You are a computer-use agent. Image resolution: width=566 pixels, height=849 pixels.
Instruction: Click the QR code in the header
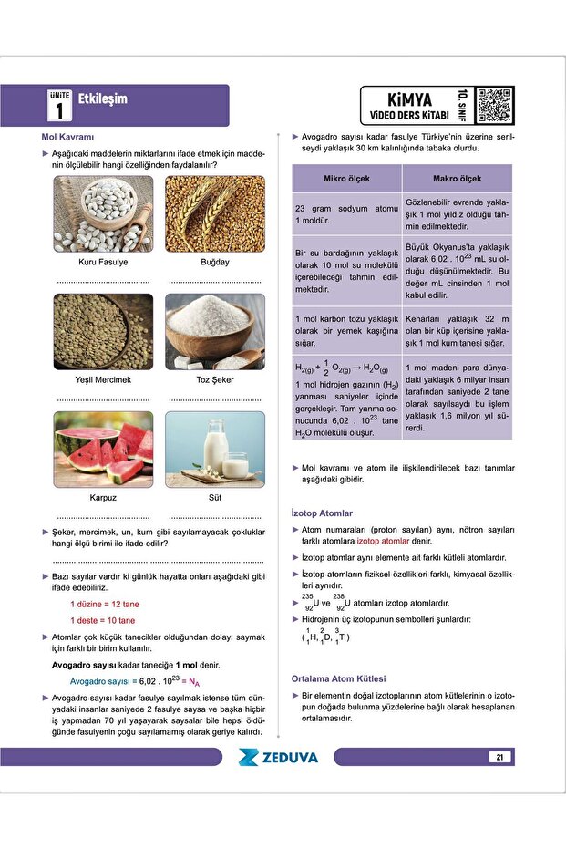494,105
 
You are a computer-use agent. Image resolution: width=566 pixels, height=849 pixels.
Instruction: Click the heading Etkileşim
103,98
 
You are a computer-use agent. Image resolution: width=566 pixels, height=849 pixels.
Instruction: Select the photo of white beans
102,213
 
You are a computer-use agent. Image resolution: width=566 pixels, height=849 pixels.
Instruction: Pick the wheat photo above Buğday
215,213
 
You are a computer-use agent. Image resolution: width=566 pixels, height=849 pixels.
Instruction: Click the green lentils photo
102,330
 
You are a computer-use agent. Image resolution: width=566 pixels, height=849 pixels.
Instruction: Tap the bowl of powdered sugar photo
215,330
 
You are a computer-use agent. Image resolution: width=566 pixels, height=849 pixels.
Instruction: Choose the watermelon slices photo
102,448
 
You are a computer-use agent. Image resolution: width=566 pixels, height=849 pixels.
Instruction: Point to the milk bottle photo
215,448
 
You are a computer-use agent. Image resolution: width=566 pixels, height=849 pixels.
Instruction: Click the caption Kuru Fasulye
103,263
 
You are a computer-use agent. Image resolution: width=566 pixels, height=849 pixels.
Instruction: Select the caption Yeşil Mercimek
103,379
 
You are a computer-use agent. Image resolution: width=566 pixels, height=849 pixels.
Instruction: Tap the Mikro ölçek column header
346,179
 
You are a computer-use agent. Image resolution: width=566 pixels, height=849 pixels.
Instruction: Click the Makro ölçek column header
457,179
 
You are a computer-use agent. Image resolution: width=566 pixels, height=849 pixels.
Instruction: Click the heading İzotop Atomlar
322,513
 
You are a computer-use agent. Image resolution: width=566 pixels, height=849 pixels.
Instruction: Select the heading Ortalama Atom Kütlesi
338,678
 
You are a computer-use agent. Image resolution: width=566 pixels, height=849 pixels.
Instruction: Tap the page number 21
500,757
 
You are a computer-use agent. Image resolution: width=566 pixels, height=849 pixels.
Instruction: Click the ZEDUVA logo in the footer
278,757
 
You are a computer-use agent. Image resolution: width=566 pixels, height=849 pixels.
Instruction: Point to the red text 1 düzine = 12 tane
105,604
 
